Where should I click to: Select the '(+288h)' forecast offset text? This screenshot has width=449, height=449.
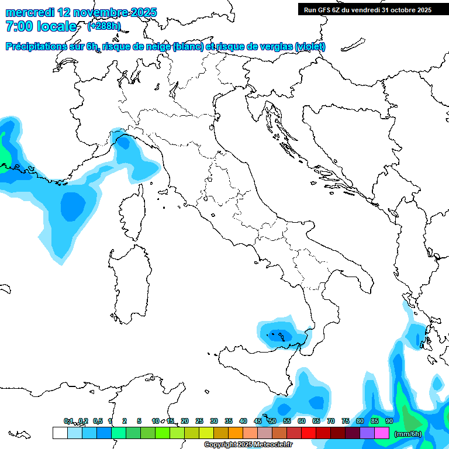104,26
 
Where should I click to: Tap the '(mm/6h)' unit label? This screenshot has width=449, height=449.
408,433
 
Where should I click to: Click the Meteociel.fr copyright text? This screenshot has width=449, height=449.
248,445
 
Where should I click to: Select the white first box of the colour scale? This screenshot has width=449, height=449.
60,433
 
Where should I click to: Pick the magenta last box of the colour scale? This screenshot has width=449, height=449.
382,433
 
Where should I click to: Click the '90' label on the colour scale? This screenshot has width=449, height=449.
389,421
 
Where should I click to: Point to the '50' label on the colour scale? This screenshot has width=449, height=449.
272,421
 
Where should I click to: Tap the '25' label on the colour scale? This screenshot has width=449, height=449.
199,421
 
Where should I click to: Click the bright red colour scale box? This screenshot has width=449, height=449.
309,433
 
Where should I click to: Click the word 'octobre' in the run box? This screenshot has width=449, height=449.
398,9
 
